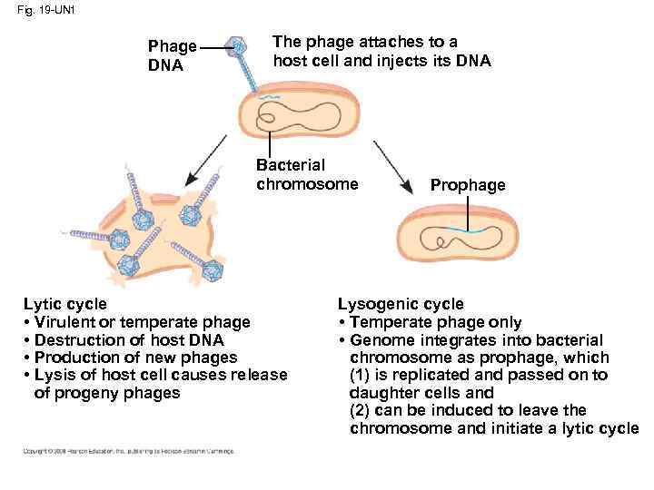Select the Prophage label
coord(468,185)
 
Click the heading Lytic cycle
coord(64,304)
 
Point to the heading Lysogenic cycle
coord(401,304)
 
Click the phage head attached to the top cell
coord(239,46)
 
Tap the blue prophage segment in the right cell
coord(470,232)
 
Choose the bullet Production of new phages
coord(134,358)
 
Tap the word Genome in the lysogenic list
coord(376,339)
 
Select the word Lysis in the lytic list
coord(52,375)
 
